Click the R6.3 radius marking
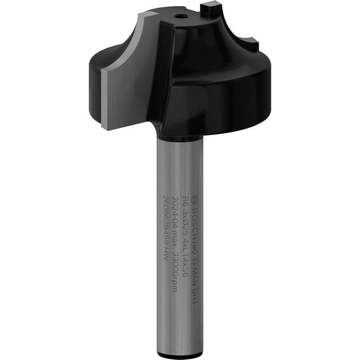tap(185, 202)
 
